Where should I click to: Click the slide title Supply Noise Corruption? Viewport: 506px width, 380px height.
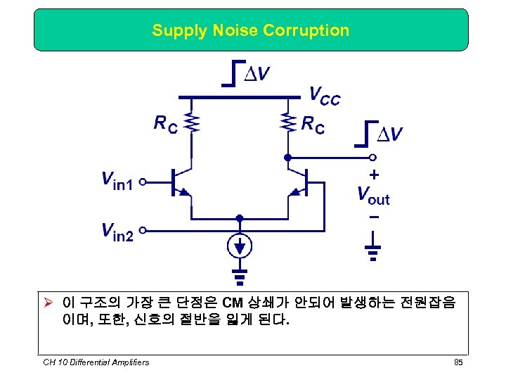[x=250, y=30]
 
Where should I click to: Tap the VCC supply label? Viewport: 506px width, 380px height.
[x=324, y=96]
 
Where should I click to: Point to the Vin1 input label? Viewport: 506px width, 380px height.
[x=117, y=182]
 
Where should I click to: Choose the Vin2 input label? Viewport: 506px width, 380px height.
[x=117, y=230]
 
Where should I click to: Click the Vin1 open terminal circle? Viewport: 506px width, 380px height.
[x=143, y=182]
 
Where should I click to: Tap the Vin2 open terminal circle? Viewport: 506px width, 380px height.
[x=143, y=230]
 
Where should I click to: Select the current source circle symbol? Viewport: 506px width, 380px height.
[x=240, y=247]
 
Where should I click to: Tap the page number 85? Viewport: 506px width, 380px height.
[x=458, y=362]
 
